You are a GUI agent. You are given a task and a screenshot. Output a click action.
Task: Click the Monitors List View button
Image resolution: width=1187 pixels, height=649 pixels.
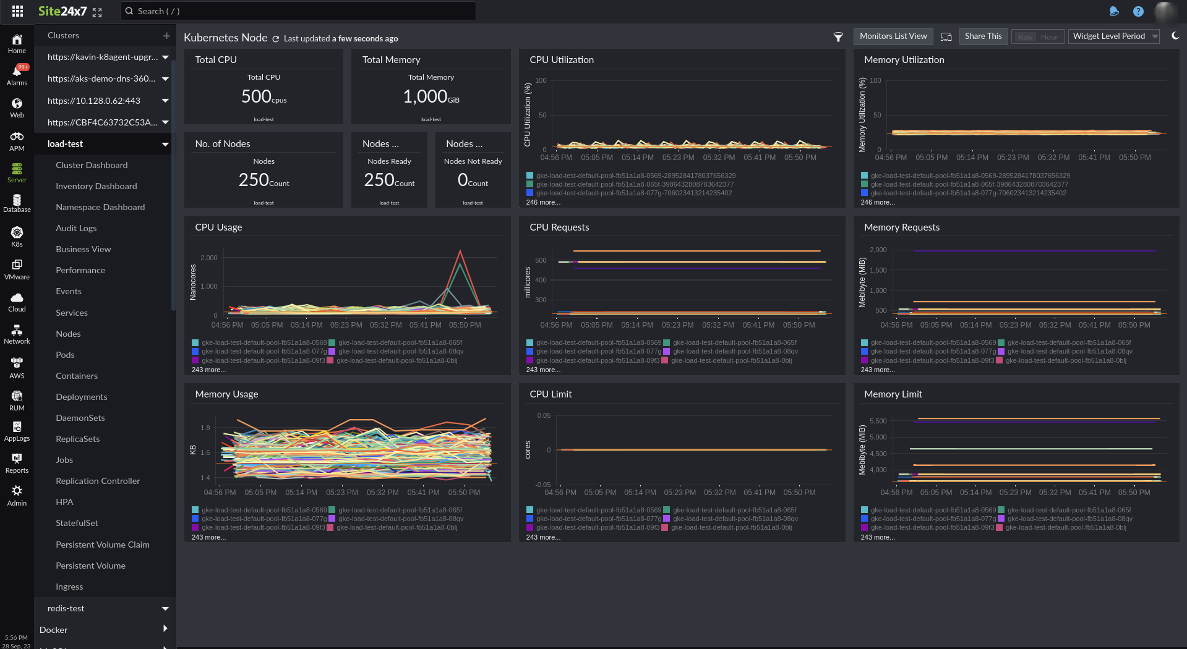point(893,36)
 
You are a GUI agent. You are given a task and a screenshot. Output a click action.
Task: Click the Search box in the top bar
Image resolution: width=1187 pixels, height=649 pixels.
point(298,11)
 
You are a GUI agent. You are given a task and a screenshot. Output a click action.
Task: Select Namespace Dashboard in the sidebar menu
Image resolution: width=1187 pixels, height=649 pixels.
point(100,207)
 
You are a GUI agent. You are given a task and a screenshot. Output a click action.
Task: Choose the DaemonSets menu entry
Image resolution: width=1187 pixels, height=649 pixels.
point(80,418)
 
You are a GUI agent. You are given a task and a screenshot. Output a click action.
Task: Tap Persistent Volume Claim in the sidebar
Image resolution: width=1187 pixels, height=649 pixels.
point(103,545)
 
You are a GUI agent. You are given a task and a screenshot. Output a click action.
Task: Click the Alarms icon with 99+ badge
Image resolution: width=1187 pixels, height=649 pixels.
point(17,74)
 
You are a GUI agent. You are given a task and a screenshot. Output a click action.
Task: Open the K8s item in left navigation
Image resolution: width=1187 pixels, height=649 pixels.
point(17,235)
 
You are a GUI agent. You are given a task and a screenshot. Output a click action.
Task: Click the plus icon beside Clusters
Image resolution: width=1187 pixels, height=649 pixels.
point(166,36)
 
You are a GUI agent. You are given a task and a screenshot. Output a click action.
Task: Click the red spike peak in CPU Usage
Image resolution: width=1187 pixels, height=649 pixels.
point(460,251)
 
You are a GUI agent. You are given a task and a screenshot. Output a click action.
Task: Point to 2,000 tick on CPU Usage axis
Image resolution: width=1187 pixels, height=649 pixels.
point(209,258)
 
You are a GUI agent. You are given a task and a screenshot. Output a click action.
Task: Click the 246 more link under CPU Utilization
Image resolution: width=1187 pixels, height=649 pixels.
point(543,202)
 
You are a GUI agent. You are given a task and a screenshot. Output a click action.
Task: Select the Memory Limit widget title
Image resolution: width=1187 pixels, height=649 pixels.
point(893,394)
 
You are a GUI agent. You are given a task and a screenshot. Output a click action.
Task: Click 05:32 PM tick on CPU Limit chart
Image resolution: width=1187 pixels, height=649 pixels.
point(719,493)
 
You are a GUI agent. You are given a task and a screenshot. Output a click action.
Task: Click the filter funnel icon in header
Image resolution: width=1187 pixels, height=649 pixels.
point(838,37)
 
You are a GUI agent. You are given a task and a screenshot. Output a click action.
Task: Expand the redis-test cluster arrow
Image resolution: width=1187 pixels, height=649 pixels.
point(165,609)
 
